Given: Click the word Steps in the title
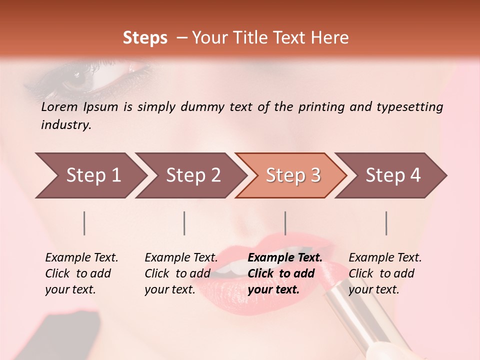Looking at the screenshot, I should (x=145, y=38).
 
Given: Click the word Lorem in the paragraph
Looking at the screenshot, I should (x=59, y=106).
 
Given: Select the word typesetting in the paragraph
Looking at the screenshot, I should (x=409, y=106).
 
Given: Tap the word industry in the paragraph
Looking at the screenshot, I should (x=66, y=124).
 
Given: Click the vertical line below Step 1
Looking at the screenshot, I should (x=84, y=223).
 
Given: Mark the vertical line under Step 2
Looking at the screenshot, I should (x=184, y=223).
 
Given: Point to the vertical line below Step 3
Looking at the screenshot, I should (x=285, y=223).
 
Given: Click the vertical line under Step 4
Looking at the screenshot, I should (x=386, y=223).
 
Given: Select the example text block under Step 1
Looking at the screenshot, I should (x=81, y=273).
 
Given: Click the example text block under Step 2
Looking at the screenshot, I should (x=180, y=273).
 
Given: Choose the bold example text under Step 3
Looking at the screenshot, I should (x=284, y=273).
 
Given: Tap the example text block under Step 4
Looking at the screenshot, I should (x=384, y=273).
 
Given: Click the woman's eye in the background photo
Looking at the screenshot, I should (x=80, y=77).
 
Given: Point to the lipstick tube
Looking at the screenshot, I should (x=360, y=315).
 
